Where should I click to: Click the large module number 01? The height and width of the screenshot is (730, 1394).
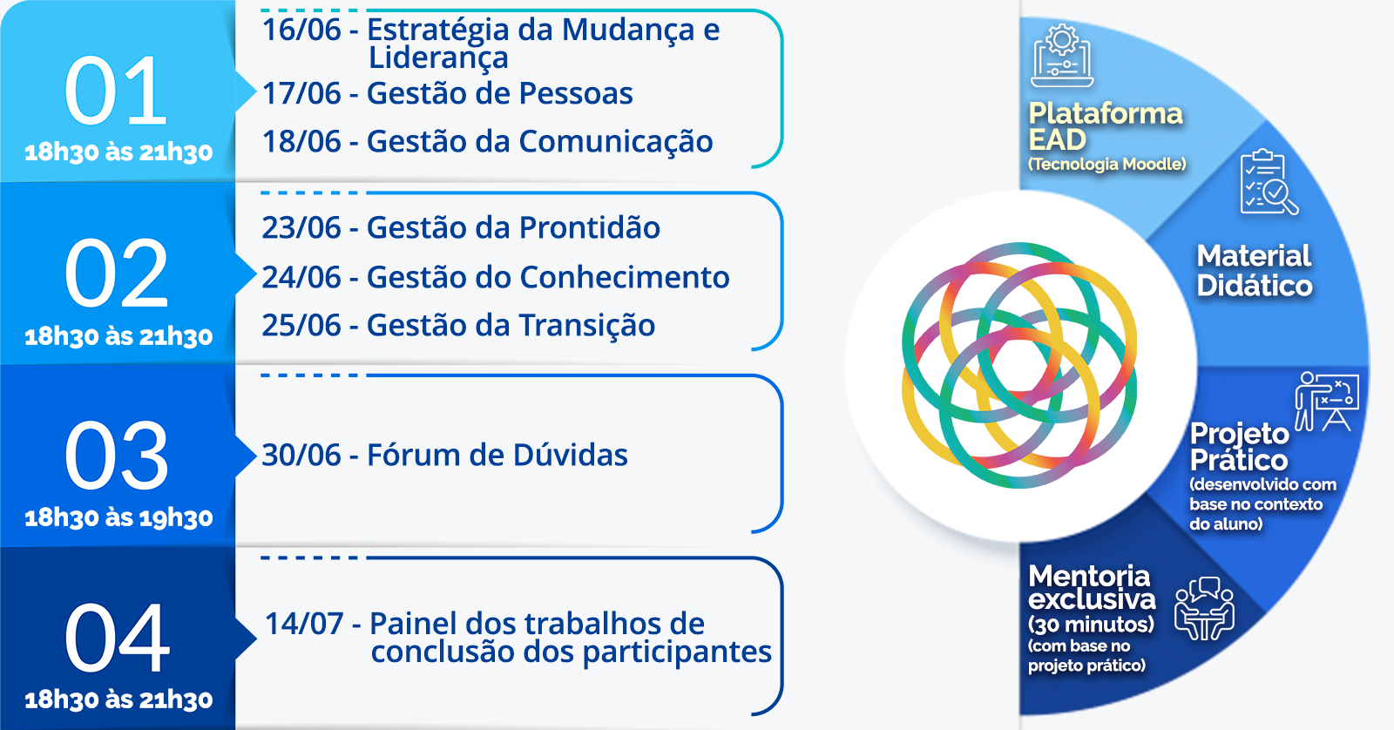coord(116,90)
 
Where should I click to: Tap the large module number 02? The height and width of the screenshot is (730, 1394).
coord(116,274)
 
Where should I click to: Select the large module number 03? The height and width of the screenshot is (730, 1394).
coord(116,455)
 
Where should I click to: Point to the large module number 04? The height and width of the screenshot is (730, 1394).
coord(117,638)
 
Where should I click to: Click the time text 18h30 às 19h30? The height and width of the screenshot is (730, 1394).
coord(118,517)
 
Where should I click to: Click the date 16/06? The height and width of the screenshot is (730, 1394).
coord(301,30)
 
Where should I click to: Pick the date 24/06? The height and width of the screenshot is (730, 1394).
coord(301,277)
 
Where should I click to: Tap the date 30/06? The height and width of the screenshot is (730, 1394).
coord(301,455)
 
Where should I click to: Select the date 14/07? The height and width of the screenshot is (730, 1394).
coord(304,624)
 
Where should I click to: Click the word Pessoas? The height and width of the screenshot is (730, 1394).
coord(576,93)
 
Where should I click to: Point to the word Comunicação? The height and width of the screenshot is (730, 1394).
coord(615,142)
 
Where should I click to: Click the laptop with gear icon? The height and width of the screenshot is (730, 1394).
coord(1062,56)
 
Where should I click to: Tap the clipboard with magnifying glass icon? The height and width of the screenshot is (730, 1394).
coord(1269,182)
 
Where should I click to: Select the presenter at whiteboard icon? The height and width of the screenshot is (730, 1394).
coord(1327,402)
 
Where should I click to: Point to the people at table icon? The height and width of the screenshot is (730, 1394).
coord(1204,609)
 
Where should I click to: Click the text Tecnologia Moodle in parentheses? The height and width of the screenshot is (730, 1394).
coord(1107,165)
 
